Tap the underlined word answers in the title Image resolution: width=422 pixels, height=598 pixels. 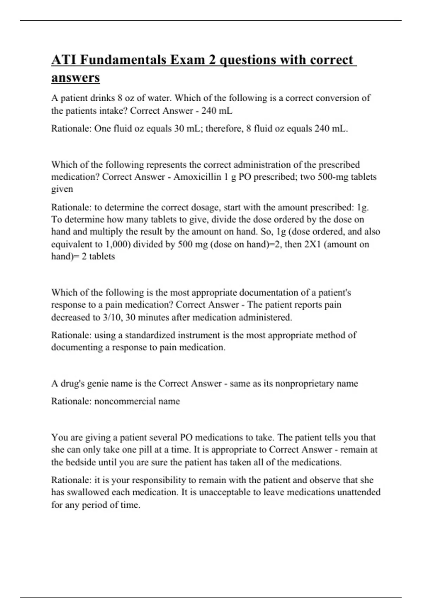pos(75,77)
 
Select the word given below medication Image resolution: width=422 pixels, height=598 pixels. pos(62,189)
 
